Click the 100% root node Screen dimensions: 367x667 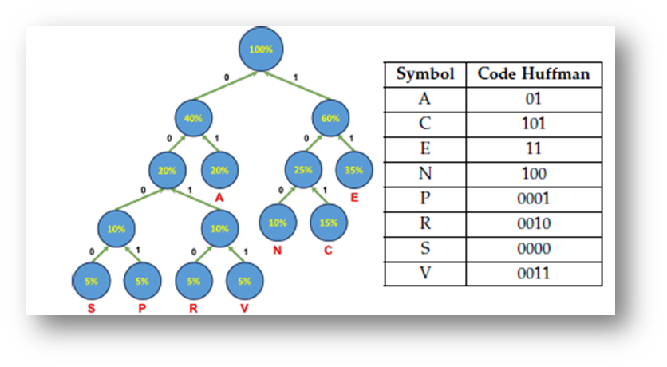tap(261, 49)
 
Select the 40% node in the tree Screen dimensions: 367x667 tap(193, 118)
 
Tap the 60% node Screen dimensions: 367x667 tap(330, 118)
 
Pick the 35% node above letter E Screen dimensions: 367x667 tap(353, 170)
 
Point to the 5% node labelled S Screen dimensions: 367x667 tap(92, 280)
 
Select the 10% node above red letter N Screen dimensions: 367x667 tap(277, 223)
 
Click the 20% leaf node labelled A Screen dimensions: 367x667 tap(219, 170)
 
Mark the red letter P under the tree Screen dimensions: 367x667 tap(142, 307)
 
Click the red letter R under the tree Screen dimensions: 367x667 tap(193, 307)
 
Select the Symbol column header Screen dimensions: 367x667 tap(424, 74)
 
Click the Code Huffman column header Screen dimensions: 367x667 tap(533, 74)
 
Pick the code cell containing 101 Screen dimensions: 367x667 tap(533, 124)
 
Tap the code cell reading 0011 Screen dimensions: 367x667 tap(533, 274)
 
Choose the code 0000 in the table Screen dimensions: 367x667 tap(533, 249)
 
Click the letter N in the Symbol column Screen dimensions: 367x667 tap(424, 174)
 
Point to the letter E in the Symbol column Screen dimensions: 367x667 tap(424, 148)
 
